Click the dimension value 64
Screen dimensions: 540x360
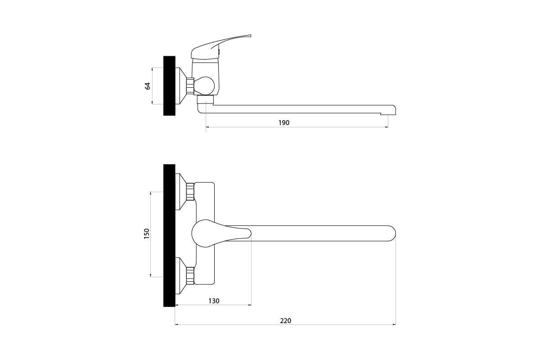(148, 86)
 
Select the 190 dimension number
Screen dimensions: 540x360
(284, 123)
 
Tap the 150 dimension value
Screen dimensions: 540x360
(147, 234)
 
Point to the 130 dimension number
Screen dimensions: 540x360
(214, 301)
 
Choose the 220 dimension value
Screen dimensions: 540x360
(285, 321)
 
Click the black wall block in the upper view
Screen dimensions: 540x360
(169, 86)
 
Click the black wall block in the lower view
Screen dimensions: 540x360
(169, 235)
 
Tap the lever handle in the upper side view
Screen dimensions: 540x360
(220, 47)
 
